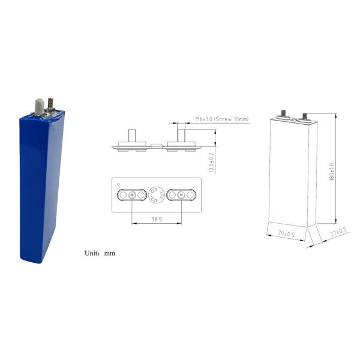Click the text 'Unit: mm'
click(x=100, y=253)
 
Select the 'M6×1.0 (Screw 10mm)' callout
click(x=222, y=119)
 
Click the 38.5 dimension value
click(x=157, y=220)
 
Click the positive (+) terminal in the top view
click(x=131, y=195)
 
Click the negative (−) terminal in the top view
click(x=181, y=195)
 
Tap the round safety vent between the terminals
click(x=157, y=195)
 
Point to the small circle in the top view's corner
click(x=119, y=184)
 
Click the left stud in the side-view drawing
click(x=131, y=134)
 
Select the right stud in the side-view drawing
click(x=181, y=133)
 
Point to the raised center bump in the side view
click(x=156, y=145)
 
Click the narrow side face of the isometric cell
click(x=313, y=174)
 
